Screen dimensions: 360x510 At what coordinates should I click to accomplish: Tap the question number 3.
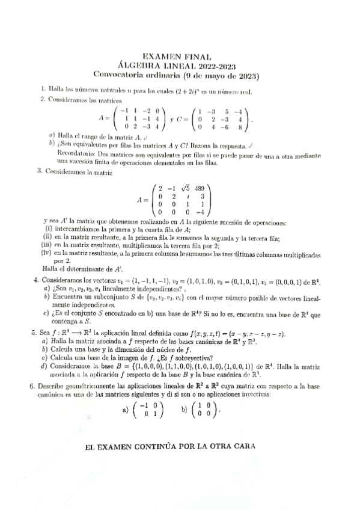(38, 171)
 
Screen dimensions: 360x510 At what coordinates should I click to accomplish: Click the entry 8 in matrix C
(240, 127)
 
